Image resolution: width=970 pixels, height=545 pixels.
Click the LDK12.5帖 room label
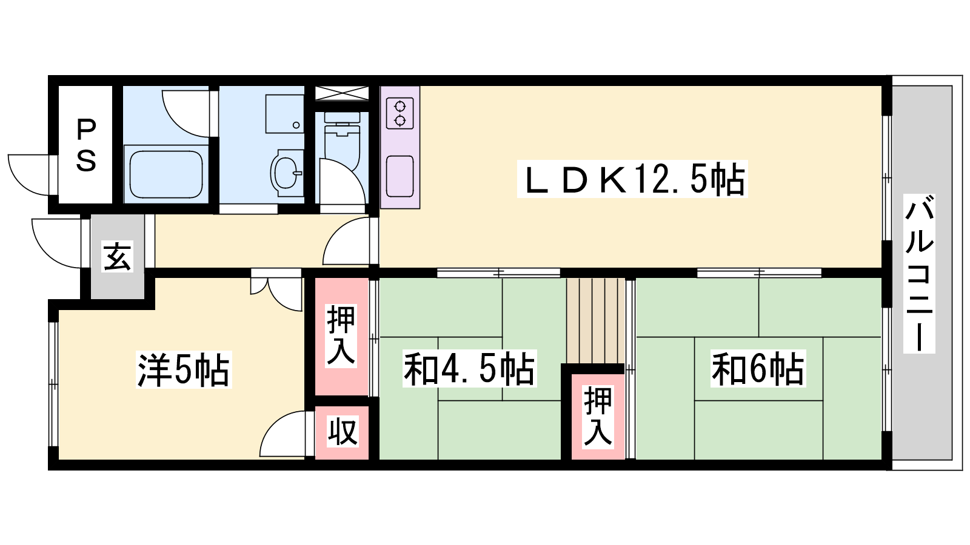632,179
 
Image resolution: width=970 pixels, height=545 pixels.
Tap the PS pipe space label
85,145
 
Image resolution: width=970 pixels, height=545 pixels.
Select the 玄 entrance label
118,256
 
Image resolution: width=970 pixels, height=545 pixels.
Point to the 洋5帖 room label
184,370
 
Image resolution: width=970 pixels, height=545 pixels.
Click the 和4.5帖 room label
469,369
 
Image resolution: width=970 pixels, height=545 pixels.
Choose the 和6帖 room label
758,369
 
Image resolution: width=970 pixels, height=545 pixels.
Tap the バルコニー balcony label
919,273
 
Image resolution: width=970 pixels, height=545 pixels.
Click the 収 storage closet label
342,431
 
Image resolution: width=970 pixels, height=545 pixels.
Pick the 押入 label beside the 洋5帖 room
341,335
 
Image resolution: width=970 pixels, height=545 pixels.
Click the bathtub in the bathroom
166,174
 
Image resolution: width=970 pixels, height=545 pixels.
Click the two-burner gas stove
400,113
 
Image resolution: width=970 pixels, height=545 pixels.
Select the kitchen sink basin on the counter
400,176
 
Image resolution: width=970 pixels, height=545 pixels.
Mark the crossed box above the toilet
342,93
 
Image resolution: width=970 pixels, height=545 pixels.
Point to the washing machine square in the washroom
284,114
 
